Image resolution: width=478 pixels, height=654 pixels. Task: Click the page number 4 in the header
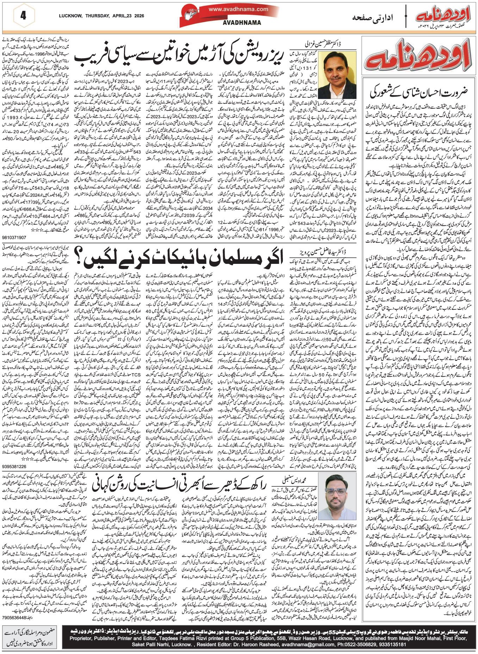point(24,16)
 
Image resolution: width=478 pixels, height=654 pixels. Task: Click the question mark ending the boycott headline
point(79,259)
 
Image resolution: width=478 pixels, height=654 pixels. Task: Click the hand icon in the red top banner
point(193,15)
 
